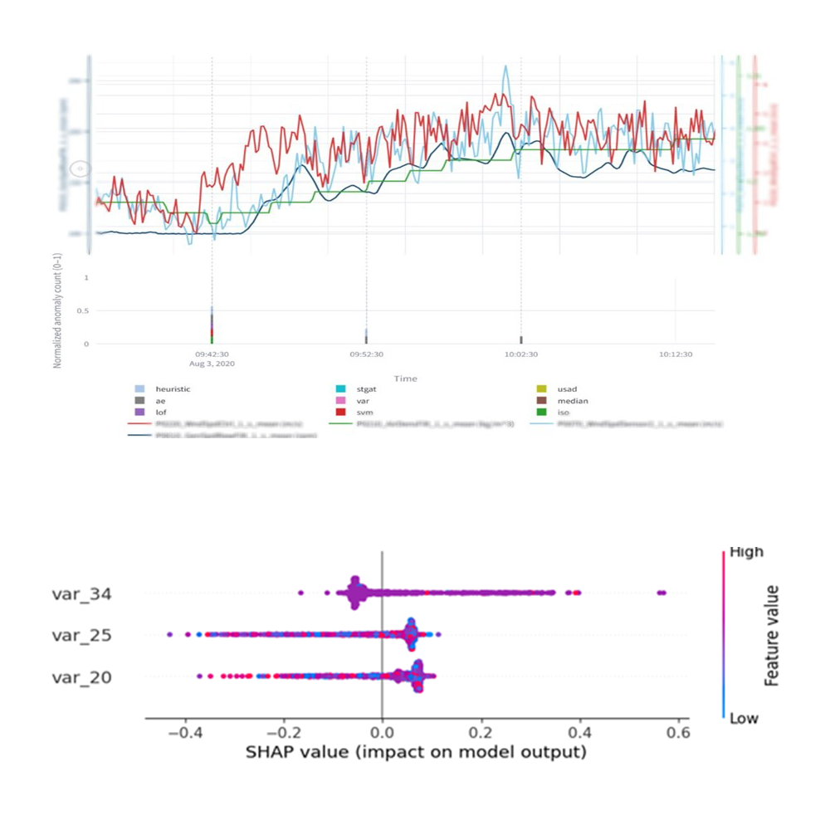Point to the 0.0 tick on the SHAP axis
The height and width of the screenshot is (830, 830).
[381, 734]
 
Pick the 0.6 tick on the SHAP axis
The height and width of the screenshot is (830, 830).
[678, 734]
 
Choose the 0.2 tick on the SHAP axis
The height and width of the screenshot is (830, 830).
[481, 734]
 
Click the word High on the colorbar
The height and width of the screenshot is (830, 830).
[746, 552]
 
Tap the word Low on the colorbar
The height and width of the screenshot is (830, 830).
[744, 718]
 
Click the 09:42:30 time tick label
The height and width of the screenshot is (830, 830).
[212, 354]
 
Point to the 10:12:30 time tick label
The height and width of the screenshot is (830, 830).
[676, 354]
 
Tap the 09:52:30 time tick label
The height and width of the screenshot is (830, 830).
[366, 354]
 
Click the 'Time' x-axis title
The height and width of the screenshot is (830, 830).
[405, 378]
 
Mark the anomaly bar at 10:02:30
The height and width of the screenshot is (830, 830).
[521, 340]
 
